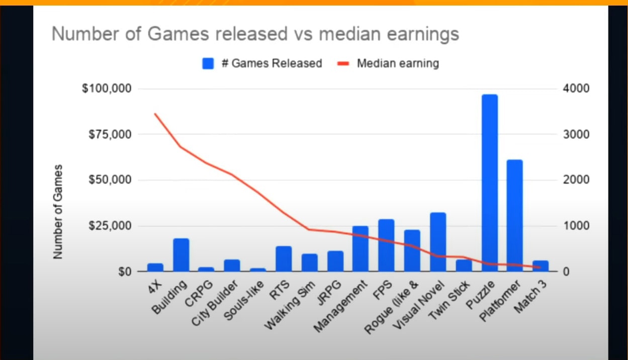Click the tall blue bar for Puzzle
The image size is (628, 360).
489,183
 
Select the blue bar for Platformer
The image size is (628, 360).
514,216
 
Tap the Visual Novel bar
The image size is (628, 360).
438,242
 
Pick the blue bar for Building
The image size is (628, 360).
181,255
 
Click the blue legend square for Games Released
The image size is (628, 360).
208,63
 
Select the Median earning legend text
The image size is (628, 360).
398,63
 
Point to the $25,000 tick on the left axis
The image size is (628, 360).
109,226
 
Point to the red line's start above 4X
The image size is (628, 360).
155,114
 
